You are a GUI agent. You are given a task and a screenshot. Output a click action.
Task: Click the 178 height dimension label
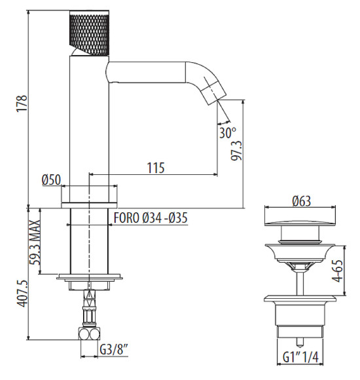pyautogui.click(x=22, y=104)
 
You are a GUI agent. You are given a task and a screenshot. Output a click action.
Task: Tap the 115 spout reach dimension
pyautogui.click(x=156, y=168)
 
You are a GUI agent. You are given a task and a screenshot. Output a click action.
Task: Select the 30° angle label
pyautogui.click(x=227, y=132)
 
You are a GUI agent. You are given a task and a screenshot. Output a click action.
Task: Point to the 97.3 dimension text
pyautogui.click(x=236, y=150)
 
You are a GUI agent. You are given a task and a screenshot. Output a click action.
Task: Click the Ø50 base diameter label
pyautogui.click(x=51, y=180)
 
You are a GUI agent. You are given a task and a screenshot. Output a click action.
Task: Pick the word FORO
pyautogui.click(x=126, y=218)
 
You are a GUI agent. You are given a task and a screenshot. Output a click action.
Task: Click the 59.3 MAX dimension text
pyautogui.click(x=34, y=243)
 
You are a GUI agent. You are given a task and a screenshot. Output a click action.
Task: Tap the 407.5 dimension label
pyautogui.click(x=23, y=294)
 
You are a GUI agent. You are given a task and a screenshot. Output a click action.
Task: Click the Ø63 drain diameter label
pyautogui.click(x=301, y=201)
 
